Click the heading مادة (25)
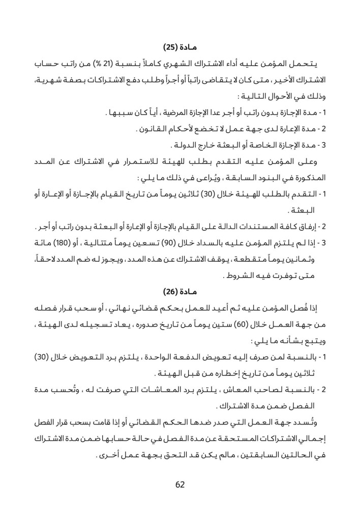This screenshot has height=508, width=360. coord(180,48)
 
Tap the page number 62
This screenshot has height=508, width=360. coord(180,484)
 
